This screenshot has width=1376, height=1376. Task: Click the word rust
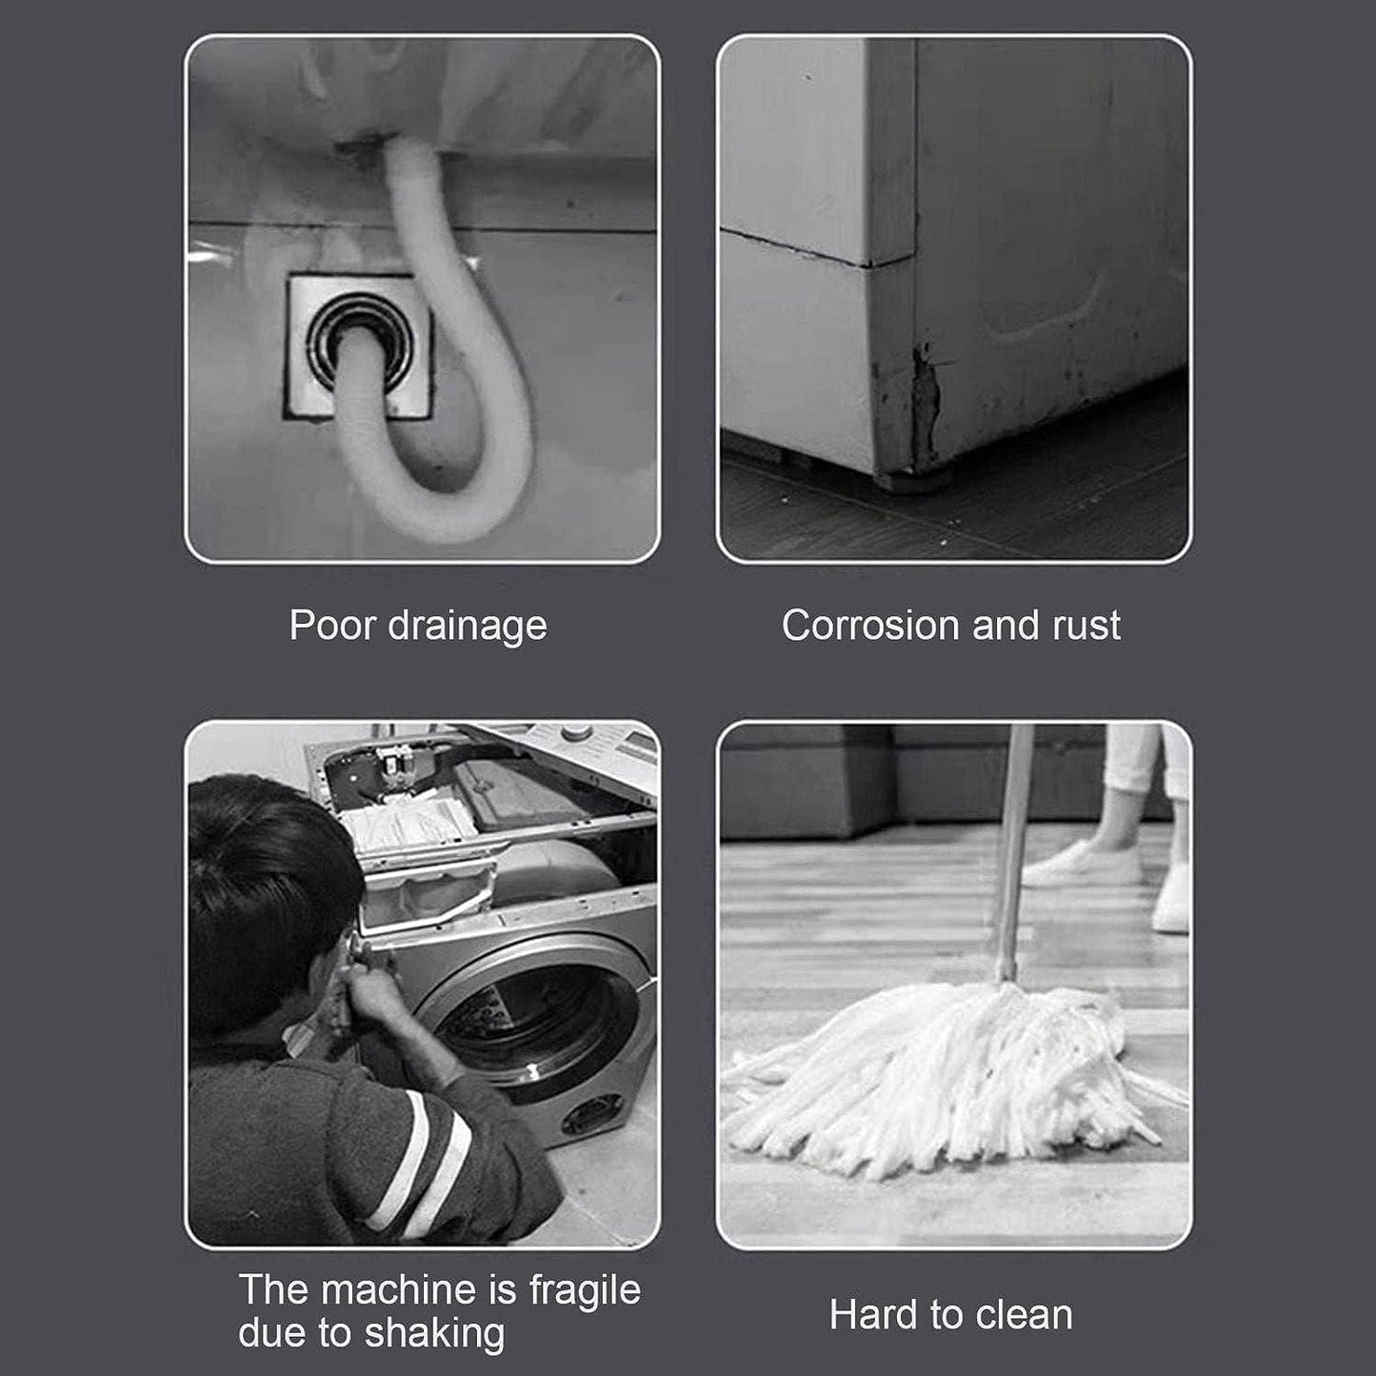[1086, 626]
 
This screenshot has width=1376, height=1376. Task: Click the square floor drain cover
[359, 347]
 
